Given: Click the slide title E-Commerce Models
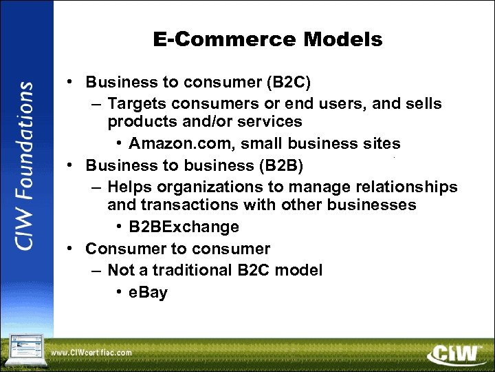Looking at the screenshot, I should click(267, 40).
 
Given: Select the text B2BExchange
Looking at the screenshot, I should click(184, 227).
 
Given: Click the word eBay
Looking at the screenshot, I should click(148, 293).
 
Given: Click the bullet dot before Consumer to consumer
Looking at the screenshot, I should click(71, 248).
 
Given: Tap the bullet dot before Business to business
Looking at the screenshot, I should click(71, 165).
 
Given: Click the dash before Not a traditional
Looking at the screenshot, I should click(94, 270).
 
